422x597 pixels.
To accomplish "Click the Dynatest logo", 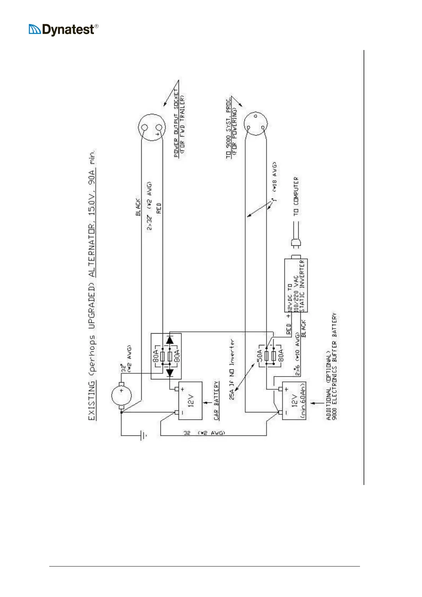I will point(63,29).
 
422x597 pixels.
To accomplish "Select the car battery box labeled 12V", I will point(190,401).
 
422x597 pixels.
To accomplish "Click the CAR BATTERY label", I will point(216,401).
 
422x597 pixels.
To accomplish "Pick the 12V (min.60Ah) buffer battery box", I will point(294,401).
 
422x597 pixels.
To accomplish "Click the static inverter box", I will point(296,285).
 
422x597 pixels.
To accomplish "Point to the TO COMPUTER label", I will point(296,196).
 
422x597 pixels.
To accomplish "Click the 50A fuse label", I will point(260,354).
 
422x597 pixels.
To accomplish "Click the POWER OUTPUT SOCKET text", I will point(176,123).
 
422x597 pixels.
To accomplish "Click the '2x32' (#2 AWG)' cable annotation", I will point(150,206).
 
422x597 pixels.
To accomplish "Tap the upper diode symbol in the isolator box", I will point(170,340).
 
